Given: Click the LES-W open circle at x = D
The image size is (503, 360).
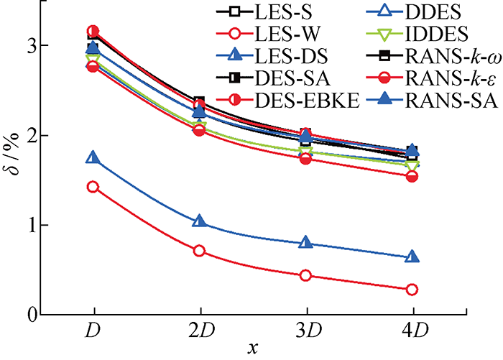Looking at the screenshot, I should pyautogui.click(x=93, y=187).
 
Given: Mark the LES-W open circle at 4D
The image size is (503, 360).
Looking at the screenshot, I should pyautogui.click(x=412, y=290).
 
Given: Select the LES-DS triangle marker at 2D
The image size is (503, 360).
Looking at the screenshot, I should pyautogui.click(x=199, y=221).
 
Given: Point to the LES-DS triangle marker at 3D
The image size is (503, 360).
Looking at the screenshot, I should pyautogui.click(x=305, y=243).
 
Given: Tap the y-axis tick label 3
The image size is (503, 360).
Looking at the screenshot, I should pyautogui.click(x=32, y=45).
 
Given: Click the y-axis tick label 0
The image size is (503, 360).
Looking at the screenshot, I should pyautogui.click(x=32, y=315).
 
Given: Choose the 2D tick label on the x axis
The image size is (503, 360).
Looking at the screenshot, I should pyautogui.click(x=199, y=333).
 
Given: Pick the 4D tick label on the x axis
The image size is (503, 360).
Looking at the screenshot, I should pyautogui.click(x=412, y=333).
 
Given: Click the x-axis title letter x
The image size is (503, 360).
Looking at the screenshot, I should pyautogui.click(x=252, y=349).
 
